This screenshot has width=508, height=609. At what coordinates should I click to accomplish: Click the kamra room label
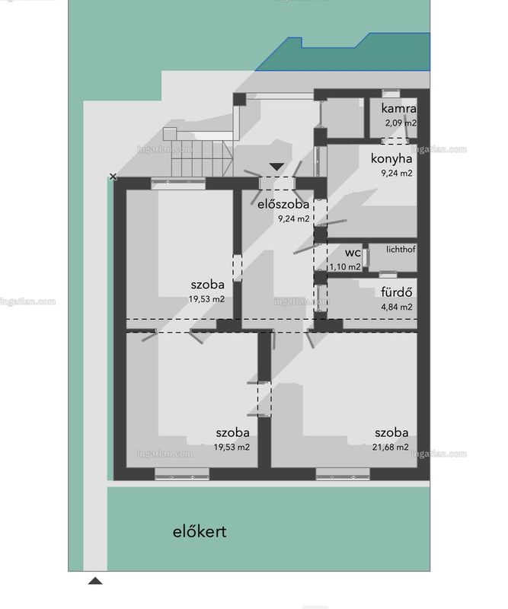(398, 109)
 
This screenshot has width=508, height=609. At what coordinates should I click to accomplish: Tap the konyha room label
(391, 158)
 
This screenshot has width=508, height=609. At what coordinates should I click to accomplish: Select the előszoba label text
(283, 204)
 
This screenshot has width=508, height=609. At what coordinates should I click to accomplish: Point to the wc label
(353, 253)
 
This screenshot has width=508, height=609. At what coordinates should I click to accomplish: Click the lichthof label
(401, 250)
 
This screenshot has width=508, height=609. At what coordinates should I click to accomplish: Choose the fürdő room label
(397, 292)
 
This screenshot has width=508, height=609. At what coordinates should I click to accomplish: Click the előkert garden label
(200, 531)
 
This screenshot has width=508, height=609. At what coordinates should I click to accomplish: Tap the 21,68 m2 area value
(390, 447)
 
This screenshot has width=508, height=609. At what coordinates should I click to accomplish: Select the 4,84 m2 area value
(397, 307)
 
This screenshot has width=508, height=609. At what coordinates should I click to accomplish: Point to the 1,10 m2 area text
(345, 267)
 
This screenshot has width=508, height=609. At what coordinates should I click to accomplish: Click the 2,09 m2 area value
(401, 123)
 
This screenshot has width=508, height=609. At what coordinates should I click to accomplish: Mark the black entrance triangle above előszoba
(276, 167)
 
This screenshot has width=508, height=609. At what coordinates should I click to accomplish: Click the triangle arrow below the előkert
(95, 581)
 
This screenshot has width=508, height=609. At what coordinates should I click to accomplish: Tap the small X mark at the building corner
(113, 177)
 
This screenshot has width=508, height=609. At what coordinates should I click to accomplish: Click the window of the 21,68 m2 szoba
(343, 473)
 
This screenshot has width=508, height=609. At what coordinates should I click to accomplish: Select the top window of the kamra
(391, 93)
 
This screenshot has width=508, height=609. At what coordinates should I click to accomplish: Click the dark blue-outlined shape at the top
(343, 54)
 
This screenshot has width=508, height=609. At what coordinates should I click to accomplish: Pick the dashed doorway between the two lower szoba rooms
(264, 399)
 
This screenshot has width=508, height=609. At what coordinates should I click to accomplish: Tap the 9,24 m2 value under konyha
(397, 174)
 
